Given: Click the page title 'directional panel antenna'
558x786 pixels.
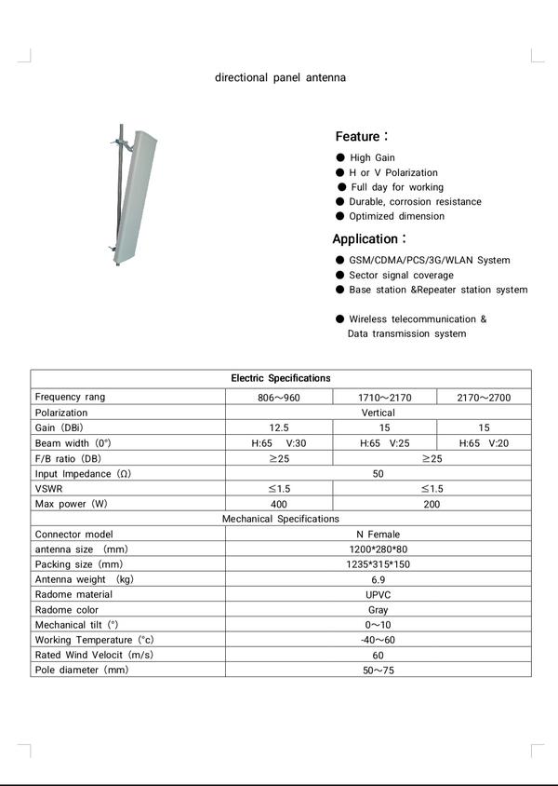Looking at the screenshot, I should click(280, 77).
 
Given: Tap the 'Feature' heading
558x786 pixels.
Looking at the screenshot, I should click(358, 136).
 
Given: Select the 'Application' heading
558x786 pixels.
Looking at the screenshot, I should click(366, 238).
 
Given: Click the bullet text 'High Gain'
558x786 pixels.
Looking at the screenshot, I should click(372, 157).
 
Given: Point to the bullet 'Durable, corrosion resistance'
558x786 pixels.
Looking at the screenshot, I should click(415, 201).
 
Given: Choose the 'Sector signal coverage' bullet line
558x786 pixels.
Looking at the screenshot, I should click(401, 275).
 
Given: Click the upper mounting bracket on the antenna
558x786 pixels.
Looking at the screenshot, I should click(122, 143).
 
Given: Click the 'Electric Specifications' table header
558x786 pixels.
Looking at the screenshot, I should click(280, 378).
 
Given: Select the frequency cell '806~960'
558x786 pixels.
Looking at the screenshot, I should click(279, 398).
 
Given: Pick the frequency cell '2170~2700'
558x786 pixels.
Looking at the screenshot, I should click(484, 398).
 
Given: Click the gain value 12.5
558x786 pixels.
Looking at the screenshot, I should click(279, 427).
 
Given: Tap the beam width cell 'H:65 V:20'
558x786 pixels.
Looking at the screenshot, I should click(484, 443).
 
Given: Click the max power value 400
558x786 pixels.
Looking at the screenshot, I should click(279, 504).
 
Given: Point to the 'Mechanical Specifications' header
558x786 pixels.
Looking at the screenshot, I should click(280, 519).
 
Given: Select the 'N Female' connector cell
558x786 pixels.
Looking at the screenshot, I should click(378, 535).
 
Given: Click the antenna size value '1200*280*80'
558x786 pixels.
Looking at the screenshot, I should click(378, 549).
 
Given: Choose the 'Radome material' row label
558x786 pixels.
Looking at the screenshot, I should click(73, 594).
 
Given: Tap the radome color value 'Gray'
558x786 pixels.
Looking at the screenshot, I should click(378, 610).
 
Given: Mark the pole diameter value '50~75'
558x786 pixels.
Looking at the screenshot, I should click(378, 671).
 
